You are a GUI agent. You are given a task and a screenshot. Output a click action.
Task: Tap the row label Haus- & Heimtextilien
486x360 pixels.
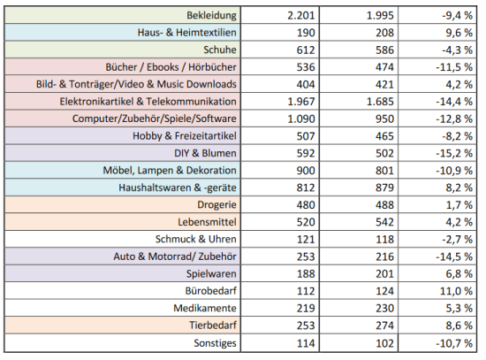click(186, 32)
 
